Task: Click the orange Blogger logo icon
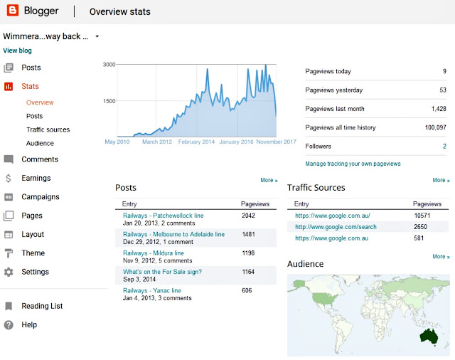pos(11,11)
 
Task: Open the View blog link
pos(17,51)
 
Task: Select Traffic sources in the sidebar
pos(48,129)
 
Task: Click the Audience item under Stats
pos(40,143)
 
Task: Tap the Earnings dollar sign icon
pos(9,178)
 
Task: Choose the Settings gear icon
pos(9,272)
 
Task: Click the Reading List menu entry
pos(42,306)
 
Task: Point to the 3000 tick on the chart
pos(109,65)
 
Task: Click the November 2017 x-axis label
pos(275,142)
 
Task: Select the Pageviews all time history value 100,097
pos(432,127)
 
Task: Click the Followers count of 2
pos(444,146)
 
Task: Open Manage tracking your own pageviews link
pos(353,164)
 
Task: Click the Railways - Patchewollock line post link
pos(163,215)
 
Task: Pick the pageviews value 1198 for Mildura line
pos(247,253)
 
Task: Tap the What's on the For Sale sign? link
pos(162,272)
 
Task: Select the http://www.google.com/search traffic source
pos(336,227)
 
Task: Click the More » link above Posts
pos(269,181)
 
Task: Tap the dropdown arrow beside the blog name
pos(97,36)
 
